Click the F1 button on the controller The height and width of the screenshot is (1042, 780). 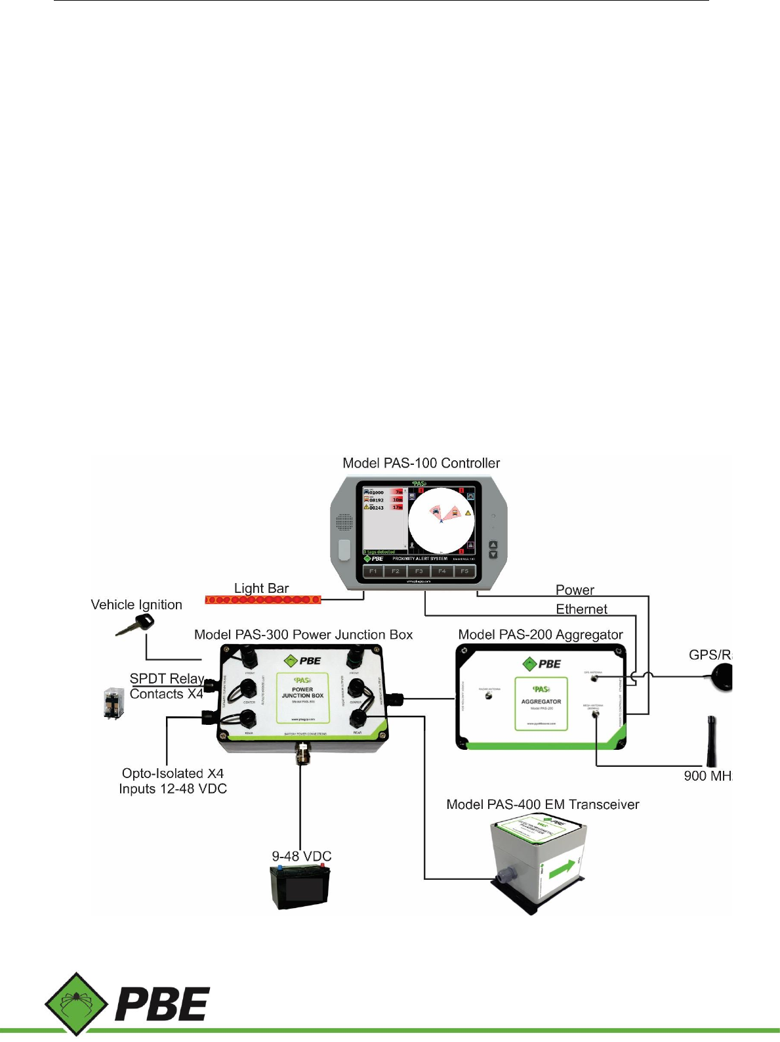pyautogui.click(x=373, y=571)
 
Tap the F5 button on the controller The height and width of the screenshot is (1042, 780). pyautogui.click(x=464, y=571)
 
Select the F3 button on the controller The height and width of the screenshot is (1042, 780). pyautogui.click(x=419, y=571)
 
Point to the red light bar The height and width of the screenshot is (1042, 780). pyautogui.click(x=263, y=599)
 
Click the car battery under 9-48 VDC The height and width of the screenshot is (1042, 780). pyautogui.click(x=300, y=886)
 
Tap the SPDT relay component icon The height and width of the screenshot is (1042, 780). pyautogui.click(x=113, y=703)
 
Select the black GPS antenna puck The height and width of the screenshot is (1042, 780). pyautogui.click(x=722, y=676)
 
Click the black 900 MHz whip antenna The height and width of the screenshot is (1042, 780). pyautogui.click(x=711, y=741)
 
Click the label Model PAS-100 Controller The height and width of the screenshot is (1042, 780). pyautogui.click(x=421, y=463)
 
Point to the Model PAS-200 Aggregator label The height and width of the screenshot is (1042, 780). pyautogui.click(x=541, y=634)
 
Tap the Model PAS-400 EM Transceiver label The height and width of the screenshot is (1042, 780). pyautogui.click(x=543, y=804)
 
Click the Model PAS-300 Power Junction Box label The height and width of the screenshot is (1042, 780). pyautogui.click(x=304, y=634)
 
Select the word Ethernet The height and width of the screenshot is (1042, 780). pyautogui.click(x=581, y=609)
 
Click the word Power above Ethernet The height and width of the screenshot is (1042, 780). pyautogui.click(x=575, y=590)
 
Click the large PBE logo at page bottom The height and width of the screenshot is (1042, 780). pyautogui.click(x=128, y=1004)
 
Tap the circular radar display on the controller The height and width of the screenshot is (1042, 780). pyautogui.click(x=441, y=521)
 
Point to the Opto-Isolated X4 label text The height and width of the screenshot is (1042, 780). pyautogui.click(x=173, y=773)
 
